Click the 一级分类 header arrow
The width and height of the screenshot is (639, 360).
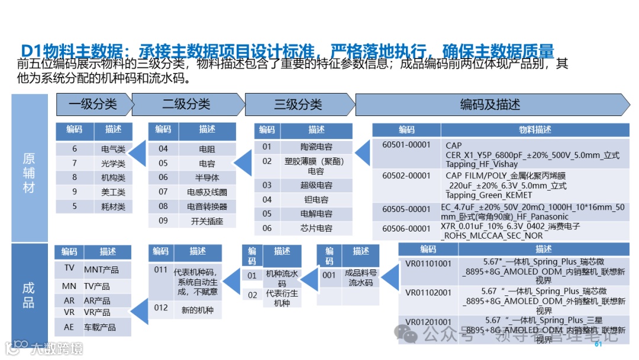93,105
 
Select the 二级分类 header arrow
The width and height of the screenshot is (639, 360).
186,105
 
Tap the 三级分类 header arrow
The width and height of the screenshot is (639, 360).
298,105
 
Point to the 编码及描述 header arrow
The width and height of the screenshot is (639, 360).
490,105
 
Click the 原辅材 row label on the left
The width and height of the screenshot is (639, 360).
29,173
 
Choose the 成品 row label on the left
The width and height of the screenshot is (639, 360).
29,295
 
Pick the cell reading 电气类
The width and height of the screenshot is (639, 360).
113,149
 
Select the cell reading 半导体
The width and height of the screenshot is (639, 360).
207,178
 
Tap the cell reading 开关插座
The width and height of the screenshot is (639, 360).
207,221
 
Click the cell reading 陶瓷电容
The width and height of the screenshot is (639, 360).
316,147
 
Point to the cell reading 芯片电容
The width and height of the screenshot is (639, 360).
316,228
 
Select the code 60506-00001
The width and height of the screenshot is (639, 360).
406,229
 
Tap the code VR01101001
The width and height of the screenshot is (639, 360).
428,263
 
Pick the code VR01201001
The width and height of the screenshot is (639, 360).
428,322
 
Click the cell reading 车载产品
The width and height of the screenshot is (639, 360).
100,327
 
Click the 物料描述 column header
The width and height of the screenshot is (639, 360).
535,130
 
